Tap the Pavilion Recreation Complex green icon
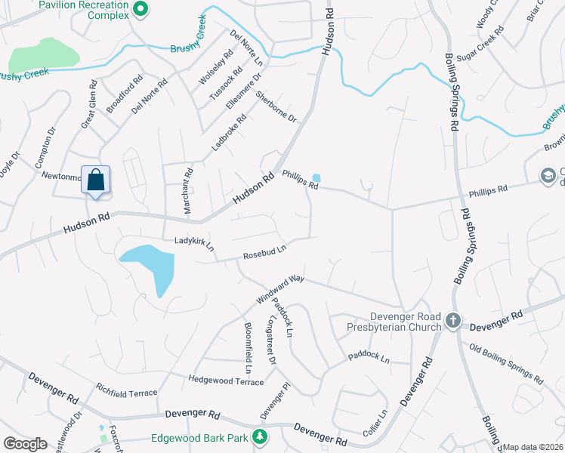140,9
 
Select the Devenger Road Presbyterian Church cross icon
452,320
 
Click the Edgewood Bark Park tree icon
259,436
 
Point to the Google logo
25,444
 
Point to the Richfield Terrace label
126,393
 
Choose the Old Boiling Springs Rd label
505,364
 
